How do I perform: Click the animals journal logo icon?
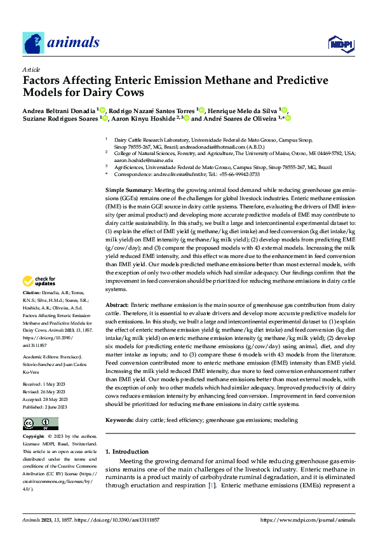tap(33, 43)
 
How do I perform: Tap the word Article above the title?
tap(31, 69)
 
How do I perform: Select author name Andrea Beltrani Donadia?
tap(60, 109)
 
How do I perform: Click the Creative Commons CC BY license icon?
tap(40, 423)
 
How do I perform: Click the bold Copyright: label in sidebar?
tap(34, 437)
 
